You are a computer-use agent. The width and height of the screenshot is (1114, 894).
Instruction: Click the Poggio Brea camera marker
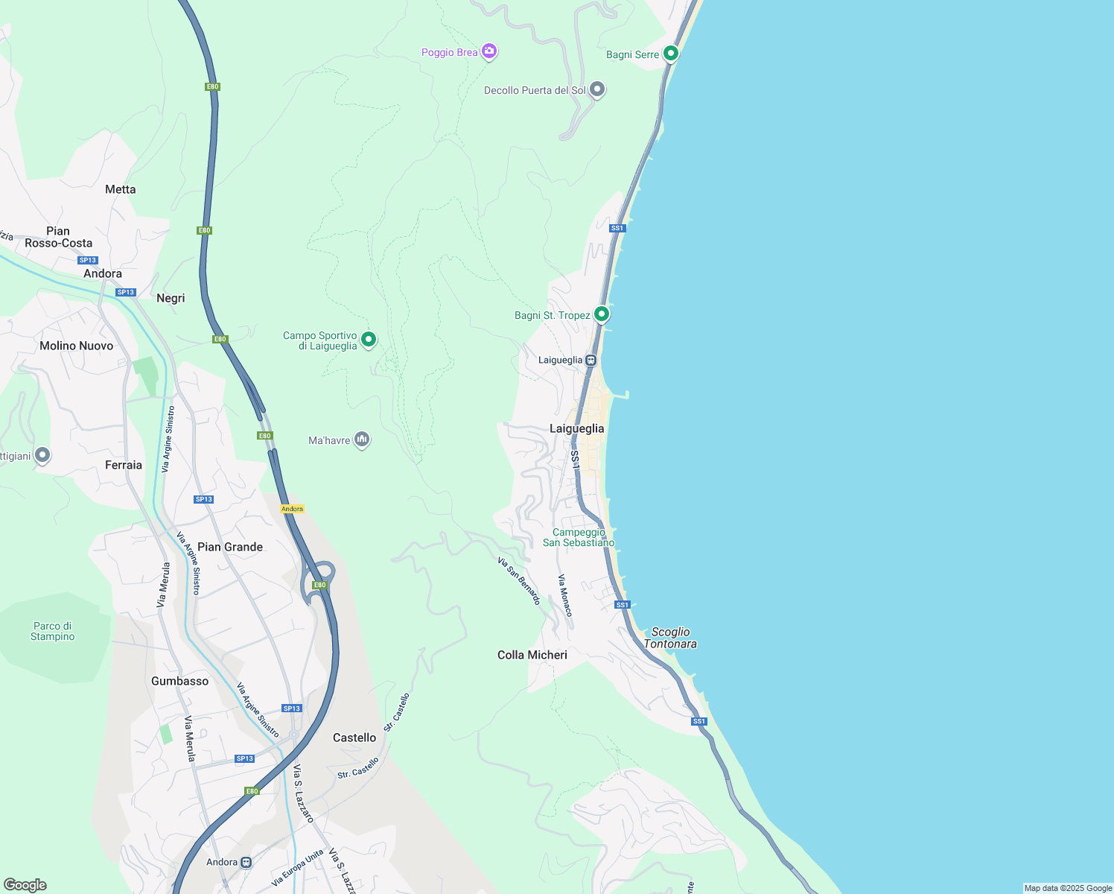pos(488,51)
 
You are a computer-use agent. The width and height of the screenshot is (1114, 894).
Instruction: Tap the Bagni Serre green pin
pos(670,54)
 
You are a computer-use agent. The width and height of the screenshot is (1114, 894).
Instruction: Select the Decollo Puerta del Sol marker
pos(596,89)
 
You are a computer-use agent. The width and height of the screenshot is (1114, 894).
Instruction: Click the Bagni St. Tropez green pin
pos(601,314)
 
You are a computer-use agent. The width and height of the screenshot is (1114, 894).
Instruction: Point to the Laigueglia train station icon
pos(591,361)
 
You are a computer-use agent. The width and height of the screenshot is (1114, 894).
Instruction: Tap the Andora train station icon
pos(246,862)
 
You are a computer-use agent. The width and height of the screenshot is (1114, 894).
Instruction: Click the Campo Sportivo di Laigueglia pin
pos(368,340)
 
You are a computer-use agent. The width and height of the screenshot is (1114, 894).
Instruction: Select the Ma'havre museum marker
pos(362,440)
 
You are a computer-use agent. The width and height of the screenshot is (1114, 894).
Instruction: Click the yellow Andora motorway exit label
pos(292,509)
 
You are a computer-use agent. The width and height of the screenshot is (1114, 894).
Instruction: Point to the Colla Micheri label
pos(532,655)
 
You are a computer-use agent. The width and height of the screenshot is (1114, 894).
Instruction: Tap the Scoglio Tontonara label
pos(670,638)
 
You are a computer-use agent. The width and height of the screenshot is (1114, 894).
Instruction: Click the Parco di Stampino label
pos(53,631)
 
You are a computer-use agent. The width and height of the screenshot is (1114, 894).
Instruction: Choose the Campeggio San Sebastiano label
pos(579,537)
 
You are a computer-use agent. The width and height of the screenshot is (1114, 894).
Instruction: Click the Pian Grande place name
pos(230,547)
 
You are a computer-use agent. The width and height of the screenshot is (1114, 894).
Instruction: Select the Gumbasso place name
pos(179,681)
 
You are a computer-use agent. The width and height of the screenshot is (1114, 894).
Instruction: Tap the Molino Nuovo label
pos(77,346)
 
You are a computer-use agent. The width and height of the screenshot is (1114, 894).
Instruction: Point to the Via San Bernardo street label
pos(519,580)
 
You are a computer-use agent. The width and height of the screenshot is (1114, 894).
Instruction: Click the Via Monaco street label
pos(565,595)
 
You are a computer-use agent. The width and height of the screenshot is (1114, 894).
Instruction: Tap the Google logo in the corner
pos(25,885)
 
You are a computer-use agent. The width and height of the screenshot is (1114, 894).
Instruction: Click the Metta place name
pos(121,189)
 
